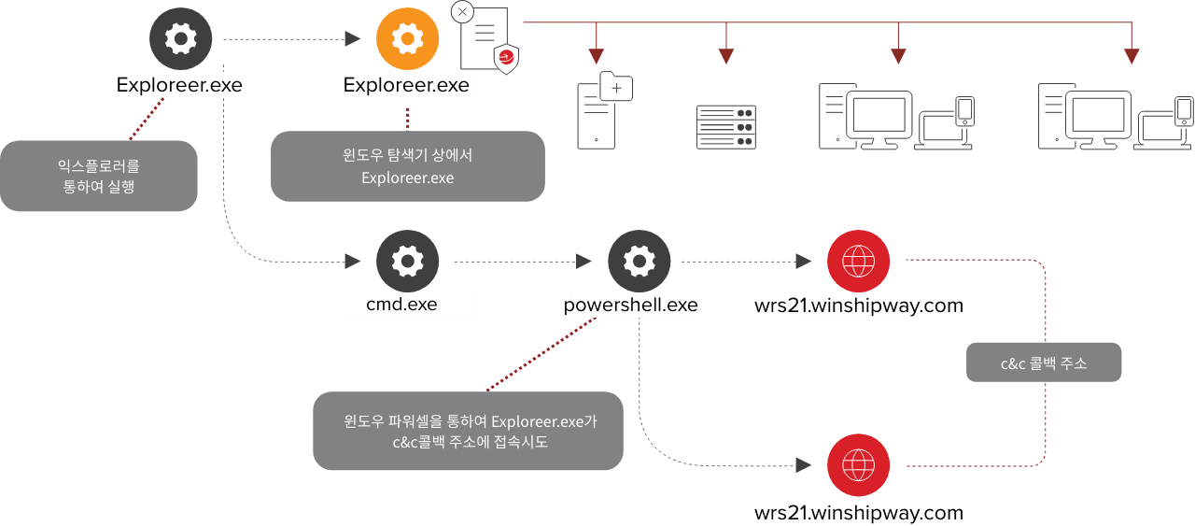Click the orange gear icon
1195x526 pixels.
click(407, 38)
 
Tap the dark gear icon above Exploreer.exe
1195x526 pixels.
click(180, 38)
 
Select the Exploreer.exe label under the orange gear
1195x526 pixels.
click(406, 85)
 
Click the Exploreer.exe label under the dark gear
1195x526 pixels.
click(179, 85)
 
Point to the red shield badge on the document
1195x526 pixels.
click(505, 59)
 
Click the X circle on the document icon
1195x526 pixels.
click(462, 12)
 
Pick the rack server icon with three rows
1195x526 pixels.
click(725, 127)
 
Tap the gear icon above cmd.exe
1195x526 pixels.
click(407, 263)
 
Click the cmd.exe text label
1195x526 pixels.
click(406, 305)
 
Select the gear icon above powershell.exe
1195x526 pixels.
click(639, 263)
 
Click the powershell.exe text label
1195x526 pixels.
click(632, 305)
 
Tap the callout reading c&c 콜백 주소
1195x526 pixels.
click(1043, 363)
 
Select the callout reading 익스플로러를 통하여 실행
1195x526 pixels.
click(99, 176)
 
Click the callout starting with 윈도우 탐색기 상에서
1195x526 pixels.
click(407, 166)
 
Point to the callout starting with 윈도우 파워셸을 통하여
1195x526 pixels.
click(468, 431)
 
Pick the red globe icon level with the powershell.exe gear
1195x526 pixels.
click(858, 261)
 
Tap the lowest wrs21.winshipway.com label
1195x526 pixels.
click(858, 512)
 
